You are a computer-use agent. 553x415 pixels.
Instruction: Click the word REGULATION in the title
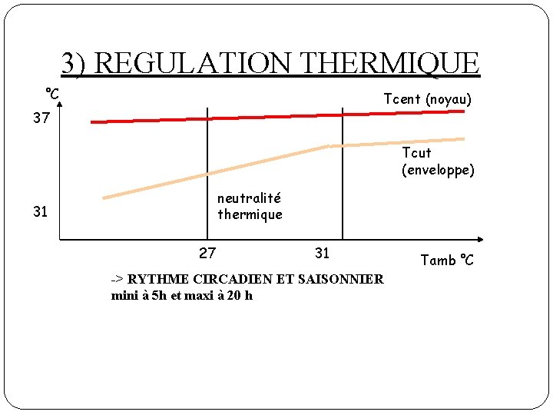[x=195, y=63]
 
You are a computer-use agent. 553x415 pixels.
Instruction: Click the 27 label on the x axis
[x=207, y=253]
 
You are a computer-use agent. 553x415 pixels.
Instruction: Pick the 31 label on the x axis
[x=322, y=253]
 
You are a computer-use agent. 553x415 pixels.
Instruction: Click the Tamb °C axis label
[x=447, y=261]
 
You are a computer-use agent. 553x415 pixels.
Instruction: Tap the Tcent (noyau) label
[x=428, y=99]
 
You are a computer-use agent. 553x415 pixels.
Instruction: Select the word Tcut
[x=417, y=153]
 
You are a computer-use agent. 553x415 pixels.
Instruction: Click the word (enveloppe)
[x=438, y=169]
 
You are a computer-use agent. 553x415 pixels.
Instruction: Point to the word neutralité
[x=249, y=198]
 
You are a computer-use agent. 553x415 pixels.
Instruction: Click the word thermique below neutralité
[x=250, y=214]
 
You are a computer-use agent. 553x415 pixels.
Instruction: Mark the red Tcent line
[x=276, y=116]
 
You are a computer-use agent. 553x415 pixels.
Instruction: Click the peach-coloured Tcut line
[x=230, y=167]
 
